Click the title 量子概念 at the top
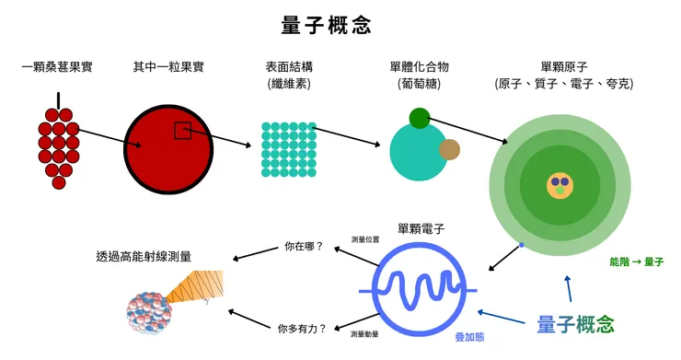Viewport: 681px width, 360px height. pos(326,25)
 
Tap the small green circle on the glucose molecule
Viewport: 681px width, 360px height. pos(420,118)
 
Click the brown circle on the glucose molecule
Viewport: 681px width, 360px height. pos(449,150)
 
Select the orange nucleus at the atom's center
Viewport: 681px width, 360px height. pos(559,184)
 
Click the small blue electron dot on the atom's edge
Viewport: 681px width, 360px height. pos(522,244)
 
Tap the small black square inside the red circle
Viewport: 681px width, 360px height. pos(182,131)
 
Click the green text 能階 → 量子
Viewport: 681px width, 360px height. pos(636,261)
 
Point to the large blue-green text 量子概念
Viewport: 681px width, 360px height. pos(575,323)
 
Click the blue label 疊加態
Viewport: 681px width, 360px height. pos(472,338)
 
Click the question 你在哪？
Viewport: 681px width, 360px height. pos(304,247)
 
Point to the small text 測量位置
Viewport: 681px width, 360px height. pos(364,238)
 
